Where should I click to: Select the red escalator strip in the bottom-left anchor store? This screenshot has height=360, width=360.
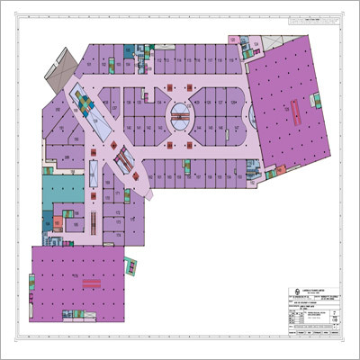[x=89, y=282]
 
